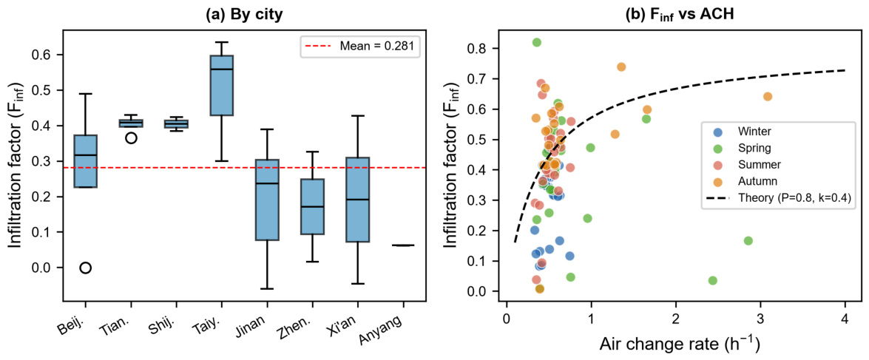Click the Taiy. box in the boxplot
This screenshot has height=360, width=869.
pyautogui.click(x=221, y=85)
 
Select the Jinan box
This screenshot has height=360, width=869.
pyautogui.click(x=266, y=200)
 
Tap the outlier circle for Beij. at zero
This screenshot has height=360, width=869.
pyautogui.click(x=85, y=268)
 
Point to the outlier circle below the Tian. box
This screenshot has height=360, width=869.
pyautogui.click(x=131, y=138)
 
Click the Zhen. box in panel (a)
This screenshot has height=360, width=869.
pyautogui.click(x=312, y=206)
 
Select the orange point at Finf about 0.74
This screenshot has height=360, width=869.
pyautogui.click(x=621, y=67)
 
